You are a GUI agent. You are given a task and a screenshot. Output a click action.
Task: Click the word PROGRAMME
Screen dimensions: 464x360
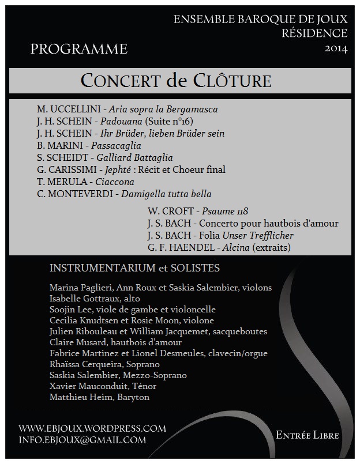[79, 50]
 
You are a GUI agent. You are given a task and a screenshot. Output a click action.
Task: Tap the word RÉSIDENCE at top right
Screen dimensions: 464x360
[314, 33]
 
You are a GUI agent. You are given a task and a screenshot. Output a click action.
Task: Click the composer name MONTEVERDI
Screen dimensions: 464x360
[81, 194]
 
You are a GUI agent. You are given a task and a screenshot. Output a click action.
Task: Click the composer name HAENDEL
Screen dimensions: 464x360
[193, 248]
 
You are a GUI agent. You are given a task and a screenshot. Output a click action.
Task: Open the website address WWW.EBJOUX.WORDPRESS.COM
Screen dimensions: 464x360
[92, 429]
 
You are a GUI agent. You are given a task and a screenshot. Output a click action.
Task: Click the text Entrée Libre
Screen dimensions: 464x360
[307, 435]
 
